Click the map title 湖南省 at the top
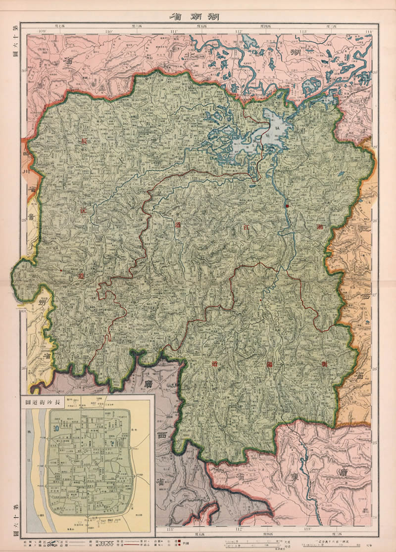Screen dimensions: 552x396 click(x=198, y=15)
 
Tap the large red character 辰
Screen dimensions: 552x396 click(x=84, y=141)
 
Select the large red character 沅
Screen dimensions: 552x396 click(x=83, y=210)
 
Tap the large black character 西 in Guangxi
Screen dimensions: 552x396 click(x=161, y=435)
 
